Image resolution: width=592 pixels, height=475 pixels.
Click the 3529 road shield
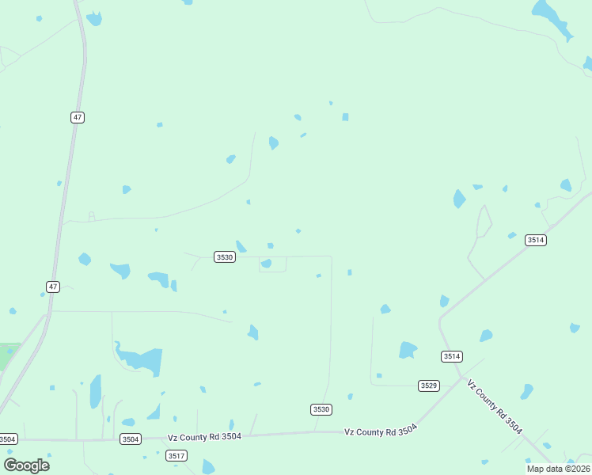(429, 386)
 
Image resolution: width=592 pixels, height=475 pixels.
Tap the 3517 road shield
(176, 455)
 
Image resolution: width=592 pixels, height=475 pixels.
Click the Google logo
(26, 465)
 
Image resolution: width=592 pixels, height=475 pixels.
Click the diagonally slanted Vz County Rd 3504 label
(495, 406)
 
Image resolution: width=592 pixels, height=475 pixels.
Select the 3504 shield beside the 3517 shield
(131, 439)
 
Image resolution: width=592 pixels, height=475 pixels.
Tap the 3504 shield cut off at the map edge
(7, 439)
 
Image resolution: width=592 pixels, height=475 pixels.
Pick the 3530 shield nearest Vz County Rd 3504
(321, 409)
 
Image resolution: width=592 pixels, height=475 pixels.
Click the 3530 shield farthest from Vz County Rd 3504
(225, 257)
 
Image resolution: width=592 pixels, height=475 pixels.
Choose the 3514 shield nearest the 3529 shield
(452, 356)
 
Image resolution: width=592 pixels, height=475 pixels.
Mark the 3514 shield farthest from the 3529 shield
(536, 240)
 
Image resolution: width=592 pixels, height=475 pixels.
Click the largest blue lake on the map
(142, 361)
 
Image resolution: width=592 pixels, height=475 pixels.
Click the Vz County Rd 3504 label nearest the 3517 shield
(204, 436)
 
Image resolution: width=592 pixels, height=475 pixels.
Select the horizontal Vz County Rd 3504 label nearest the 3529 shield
(380, 431)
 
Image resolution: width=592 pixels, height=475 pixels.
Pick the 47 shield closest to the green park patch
(53, 287)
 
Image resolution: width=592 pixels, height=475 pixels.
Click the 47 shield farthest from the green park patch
(77, 117)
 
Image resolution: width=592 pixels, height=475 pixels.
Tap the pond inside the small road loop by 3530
(267, 264)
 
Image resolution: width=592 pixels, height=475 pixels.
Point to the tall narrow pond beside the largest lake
(96, 391)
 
